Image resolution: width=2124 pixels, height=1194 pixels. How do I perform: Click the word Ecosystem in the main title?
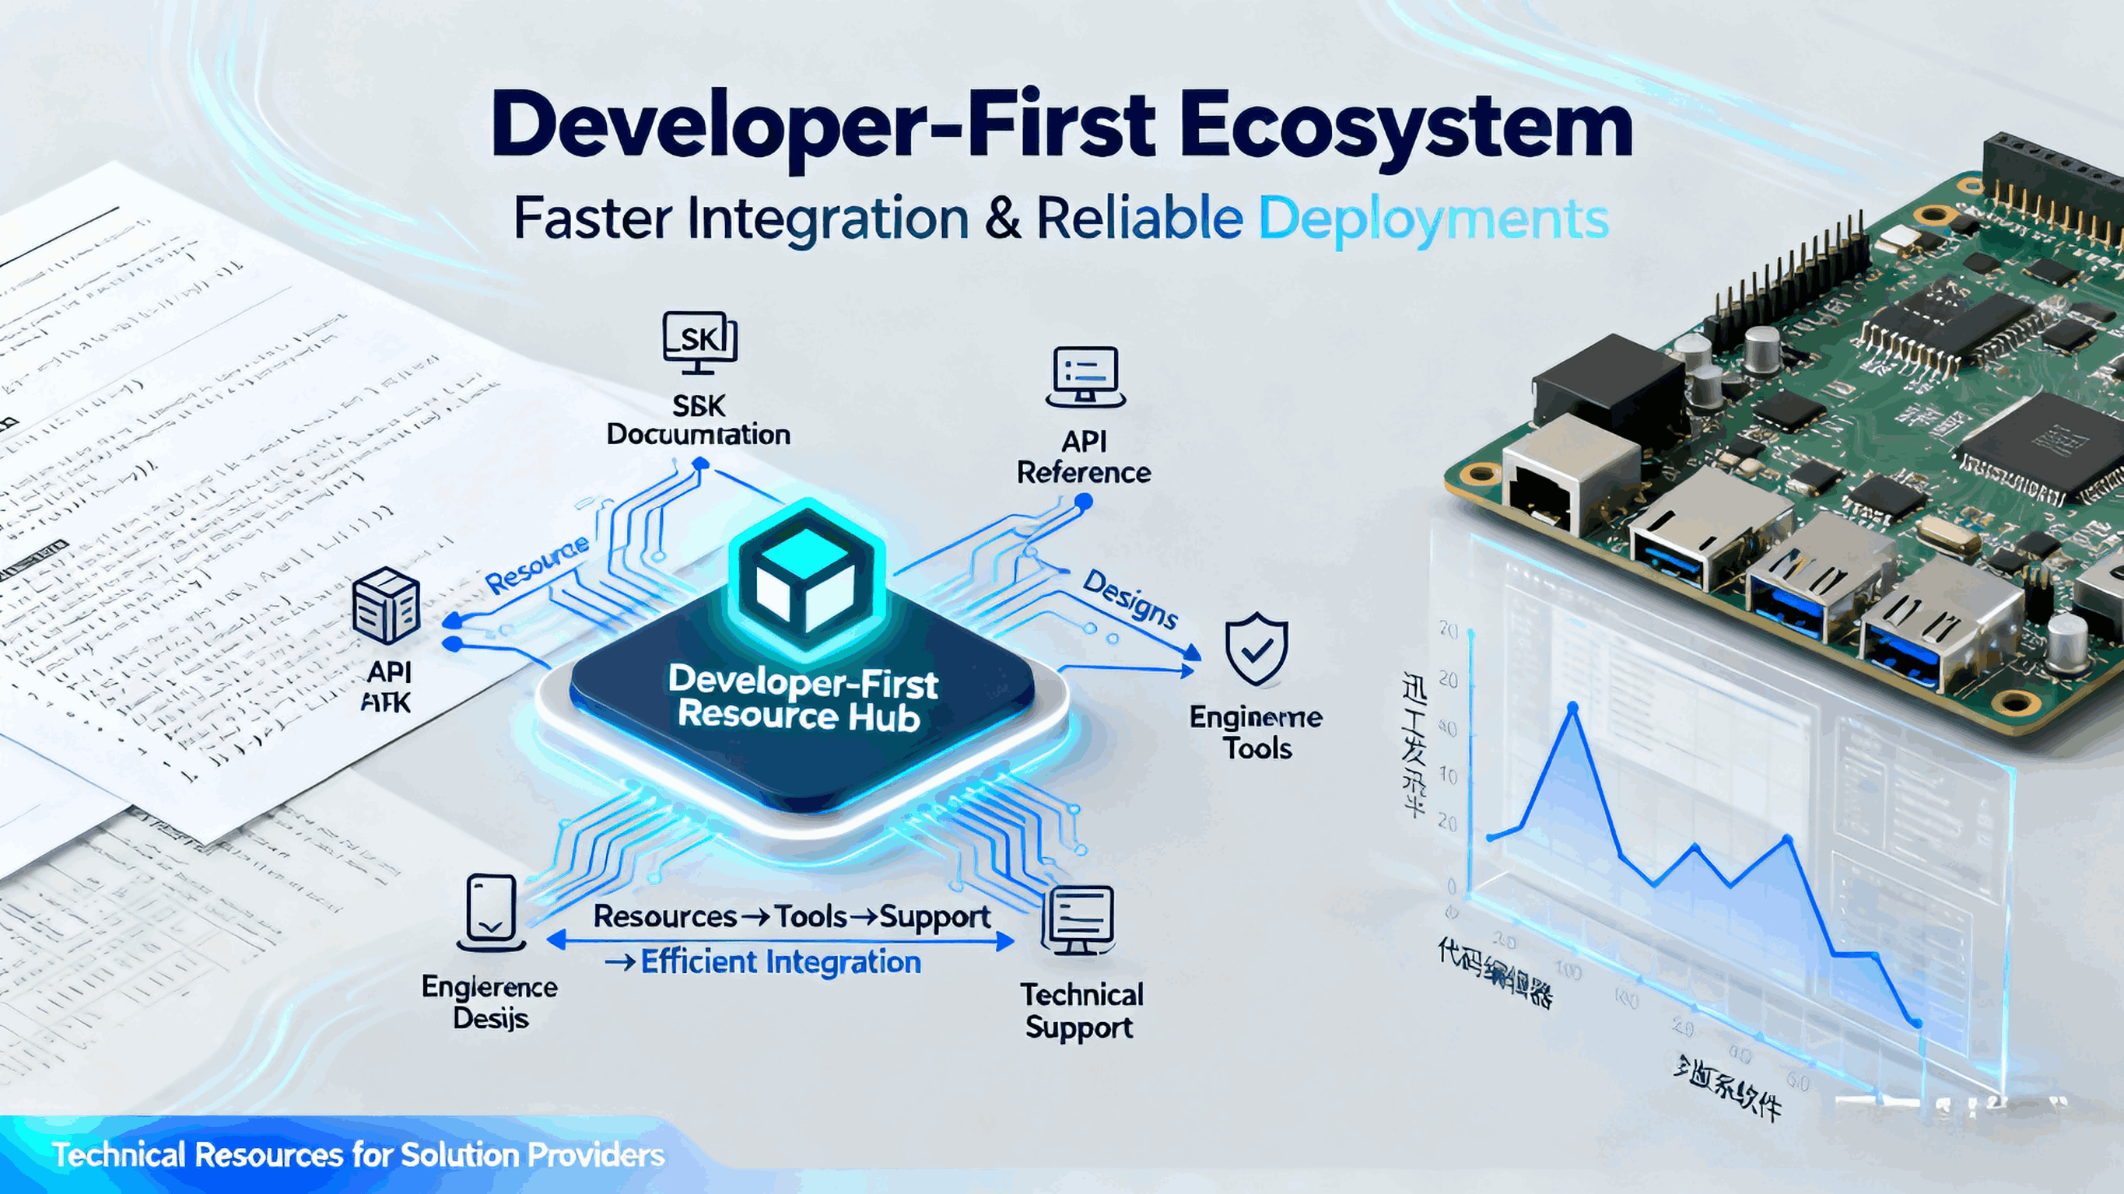[x=1406, y=128]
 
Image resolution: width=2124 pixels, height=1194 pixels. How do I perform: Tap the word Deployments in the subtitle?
[x=1433, y=219]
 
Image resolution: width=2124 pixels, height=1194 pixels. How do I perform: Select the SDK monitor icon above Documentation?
[x=699, y=339]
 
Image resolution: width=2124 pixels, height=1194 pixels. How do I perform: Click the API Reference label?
[x=1084, y=457]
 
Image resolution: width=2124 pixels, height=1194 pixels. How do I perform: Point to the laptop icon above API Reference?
[x=1085, y=376]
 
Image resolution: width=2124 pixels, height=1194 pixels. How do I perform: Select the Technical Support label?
[x=1081, y=1011]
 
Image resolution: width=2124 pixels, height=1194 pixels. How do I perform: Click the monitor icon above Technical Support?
[x=1078, y=920]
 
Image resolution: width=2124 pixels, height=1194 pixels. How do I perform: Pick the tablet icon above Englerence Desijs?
[x=492, y=913]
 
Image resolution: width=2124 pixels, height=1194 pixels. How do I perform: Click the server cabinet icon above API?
[x=385, y=606]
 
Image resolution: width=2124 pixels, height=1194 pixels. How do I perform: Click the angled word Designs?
[x=1130, y=599]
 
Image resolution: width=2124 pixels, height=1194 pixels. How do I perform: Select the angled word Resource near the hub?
[x=538, y=565]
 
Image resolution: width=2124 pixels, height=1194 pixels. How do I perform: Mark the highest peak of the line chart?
[x=1572, y=708]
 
